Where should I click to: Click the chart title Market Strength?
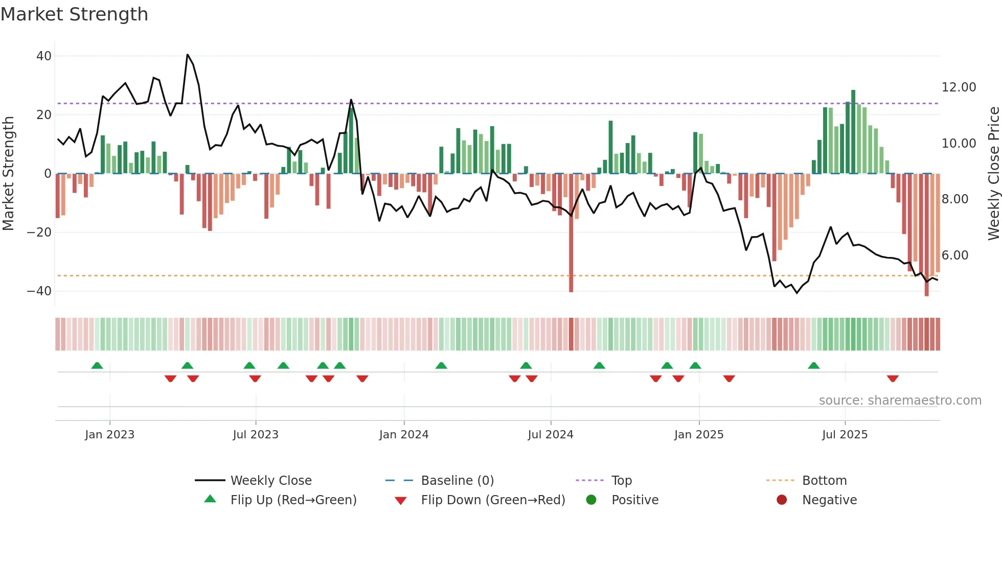pyautogui.click(x=75, y=14)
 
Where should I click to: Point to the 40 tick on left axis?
pyautogui.click(x=44, y=56)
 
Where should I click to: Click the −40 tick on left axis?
pyautogui.click(x=39, y=291)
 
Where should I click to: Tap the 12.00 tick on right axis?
pyautogui.click(x=959, y=87)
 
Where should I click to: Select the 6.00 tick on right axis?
pyautogui.click(x=954, y=255)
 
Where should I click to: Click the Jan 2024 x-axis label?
pyautogui.click(x=404, y=435)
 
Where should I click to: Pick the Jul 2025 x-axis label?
pyautogui.click(x=845, y=435)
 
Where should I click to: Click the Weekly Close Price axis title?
pyautogui.click(x=993, y=174)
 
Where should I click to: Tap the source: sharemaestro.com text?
pyautogui.click(x=900, y=401)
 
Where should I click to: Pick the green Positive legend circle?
pyautogui.click(x=591, y=500)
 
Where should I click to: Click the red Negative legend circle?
pyautogui.click(x=782, y=500)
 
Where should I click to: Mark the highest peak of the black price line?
pyautogui.click(x=188, y=55)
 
